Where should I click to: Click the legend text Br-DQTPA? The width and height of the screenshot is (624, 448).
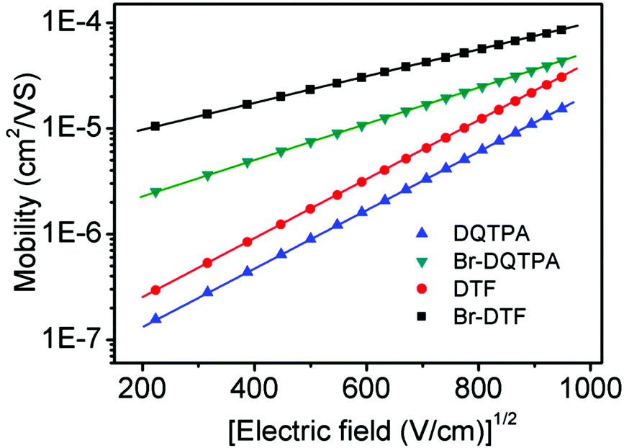click(498, 261)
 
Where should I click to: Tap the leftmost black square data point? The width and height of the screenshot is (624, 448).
click(155, 126)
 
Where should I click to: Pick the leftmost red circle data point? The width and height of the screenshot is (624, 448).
click(155, 290)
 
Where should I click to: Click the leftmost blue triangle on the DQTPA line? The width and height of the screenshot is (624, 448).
click(155, 318)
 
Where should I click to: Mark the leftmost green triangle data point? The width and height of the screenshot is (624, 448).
click(155, 192)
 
